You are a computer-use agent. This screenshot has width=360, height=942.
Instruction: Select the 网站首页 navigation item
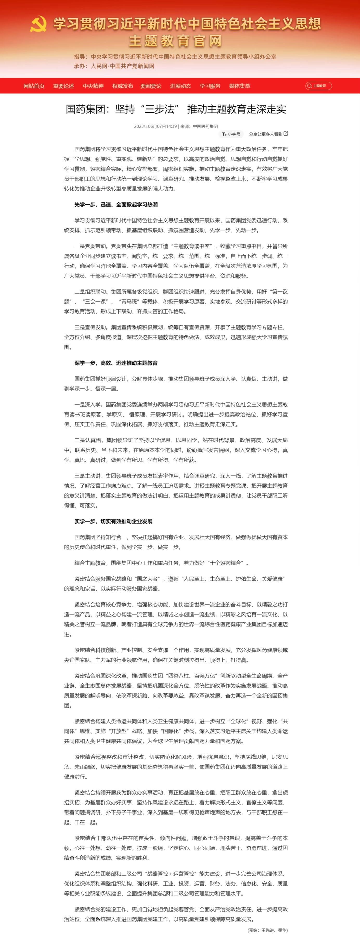(34, 86)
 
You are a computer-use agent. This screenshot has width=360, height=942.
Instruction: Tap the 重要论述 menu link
(63, 86)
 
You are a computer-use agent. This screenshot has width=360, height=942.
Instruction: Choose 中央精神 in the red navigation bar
(93, 86)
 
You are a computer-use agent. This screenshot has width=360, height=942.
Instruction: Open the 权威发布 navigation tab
(123, 86)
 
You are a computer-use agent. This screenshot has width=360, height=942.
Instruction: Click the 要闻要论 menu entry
(151, 86)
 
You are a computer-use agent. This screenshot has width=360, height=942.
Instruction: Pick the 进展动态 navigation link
(180, 86)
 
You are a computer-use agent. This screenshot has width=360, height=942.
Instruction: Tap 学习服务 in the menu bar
(210, 86)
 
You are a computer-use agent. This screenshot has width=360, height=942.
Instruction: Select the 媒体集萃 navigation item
(240, 86)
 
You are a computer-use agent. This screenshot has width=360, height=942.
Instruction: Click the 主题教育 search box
(319, 86)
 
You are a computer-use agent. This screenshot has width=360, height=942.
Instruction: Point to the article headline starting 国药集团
(176, 109)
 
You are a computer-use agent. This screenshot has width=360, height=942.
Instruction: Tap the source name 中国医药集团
(205, 126)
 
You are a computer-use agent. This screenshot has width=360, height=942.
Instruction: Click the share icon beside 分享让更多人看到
(286, 134)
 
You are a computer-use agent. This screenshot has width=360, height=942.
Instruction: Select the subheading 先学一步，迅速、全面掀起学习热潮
(116, 205)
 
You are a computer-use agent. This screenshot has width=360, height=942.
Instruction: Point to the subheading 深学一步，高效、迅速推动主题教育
(116, 363)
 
